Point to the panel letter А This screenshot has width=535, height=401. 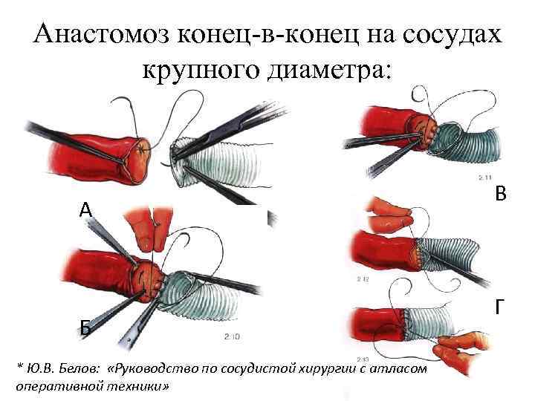coord(86,211)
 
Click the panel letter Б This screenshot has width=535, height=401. coord(86,327)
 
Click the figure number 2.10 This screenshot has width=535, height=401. coord(232,337)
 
